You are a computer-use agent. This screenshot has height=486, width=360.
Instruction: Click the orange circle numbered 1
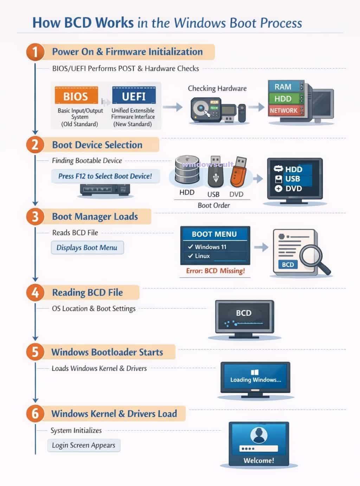[x=35, y=52]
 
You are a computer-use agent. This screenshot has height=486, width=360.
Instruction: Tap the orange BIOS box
[x=76, y=96]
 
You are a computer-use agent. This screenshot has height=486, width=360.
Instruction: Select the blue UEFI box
[x=134, y=96]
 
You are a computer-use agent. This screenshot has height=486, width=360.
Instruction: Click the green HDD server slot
[x=283, y=99]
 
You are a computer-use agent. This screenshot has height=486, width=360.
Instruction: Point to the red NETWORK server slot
[x=284, y=111]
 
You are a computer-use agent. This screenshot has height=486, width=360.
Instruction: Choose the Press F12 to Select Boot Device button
[x=105, y=176]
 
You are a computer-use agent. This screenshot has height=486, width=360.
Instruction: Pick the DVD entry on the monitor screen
[x=289, y=188]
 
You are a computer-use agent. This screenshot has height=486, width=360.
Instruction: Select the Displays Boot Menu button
[x=87, y=247]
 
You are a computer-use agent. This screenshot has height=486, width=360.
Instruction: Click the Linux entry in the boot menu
[x=202, y=256]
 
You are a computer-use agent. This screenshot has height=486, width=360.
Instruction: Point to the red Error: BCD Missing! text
[x=215, y=271]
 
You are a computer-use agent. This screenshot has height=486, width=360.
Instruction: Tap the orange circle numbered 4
[x=35, y=293]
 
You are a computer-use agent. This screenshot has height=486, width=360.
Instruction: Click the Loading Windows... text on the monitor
[x=256, y=380]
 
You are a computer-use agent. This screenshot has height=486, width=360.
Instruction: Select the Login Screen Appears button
[x=84, y=445]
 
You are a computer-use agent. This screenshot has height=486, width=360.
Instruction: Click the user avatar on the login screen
[x=259, y=436]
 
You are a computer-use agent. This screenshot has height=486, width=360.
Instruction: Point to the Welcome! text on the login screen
[x=259, y=460]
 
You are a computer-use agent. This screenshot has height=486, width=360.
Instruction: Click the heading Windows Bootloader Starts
[x=107, y=352]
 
